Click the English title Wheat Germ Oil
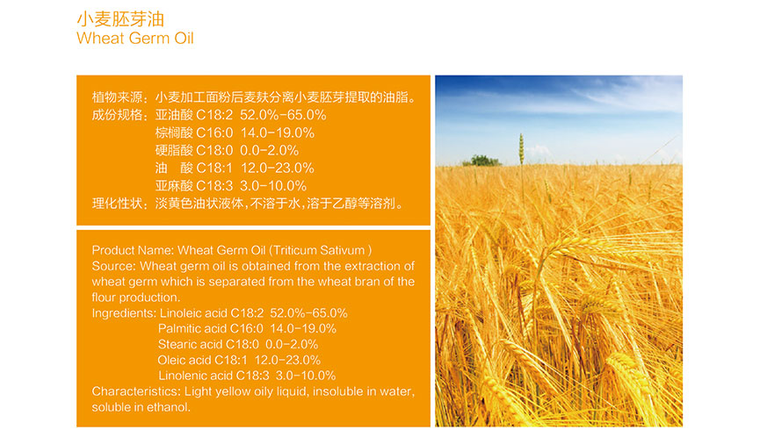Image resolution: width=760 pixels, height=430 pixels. tap(134, 38)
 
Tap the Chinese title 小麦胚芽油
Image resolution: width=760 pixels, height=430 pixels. tap(120, 19)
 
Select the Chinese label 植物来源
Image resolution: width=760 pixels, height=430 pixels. tap(118, 97)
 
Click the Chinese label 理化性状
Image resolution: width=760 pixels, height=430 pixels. tap(118, 204)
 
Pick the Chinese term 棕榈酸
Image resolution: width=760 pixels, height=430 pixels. tap(174, 133)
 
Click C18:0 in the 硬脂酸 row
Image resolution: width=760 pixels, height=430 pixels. tap(214, 150)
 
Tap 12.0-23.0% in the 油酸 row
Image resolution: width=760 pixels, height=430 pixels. tap(278, 168)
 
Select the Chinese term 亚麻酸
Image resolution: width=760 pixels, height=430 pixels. tap(174, 185)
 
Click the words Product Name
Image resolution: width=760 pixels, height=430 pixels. tap(133, 250)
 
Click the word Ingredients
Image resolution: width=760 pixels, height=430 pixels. tap(124, 313)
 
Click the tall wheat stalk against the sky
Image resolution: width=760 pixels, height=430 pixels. tap(522, 150)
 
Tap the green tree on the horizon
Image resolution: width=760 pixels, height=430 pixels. tap(481, 161)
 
